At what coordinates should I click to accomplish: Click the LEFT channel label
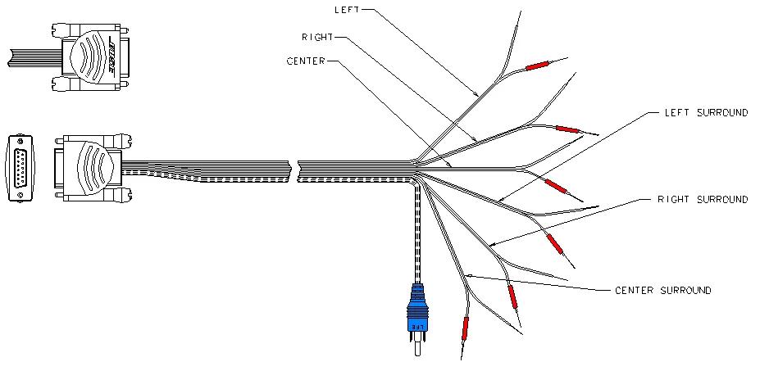tap(346, 10)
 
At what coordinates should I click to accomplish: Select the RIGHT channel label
tap(316, 37)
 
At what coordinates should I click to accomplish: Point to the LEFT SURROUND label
tap(705, 113)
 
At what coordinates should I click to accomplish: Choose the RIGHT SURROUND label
tap(703, 199)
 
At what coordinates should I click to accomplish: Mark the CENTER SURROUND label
tap(662, 290)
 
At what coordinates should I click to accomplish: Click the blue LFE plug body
tap(419, 309)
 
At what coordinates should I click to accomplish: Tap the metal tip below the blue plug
tap(420, 346)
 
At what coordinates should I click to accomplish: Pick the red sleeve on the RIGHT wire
tap(567, 129)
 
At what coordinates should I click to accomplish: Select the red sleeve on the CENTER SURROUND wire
tap(466, 328)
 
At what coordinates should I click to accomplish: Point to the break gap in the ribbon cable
tap(294, 170)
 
